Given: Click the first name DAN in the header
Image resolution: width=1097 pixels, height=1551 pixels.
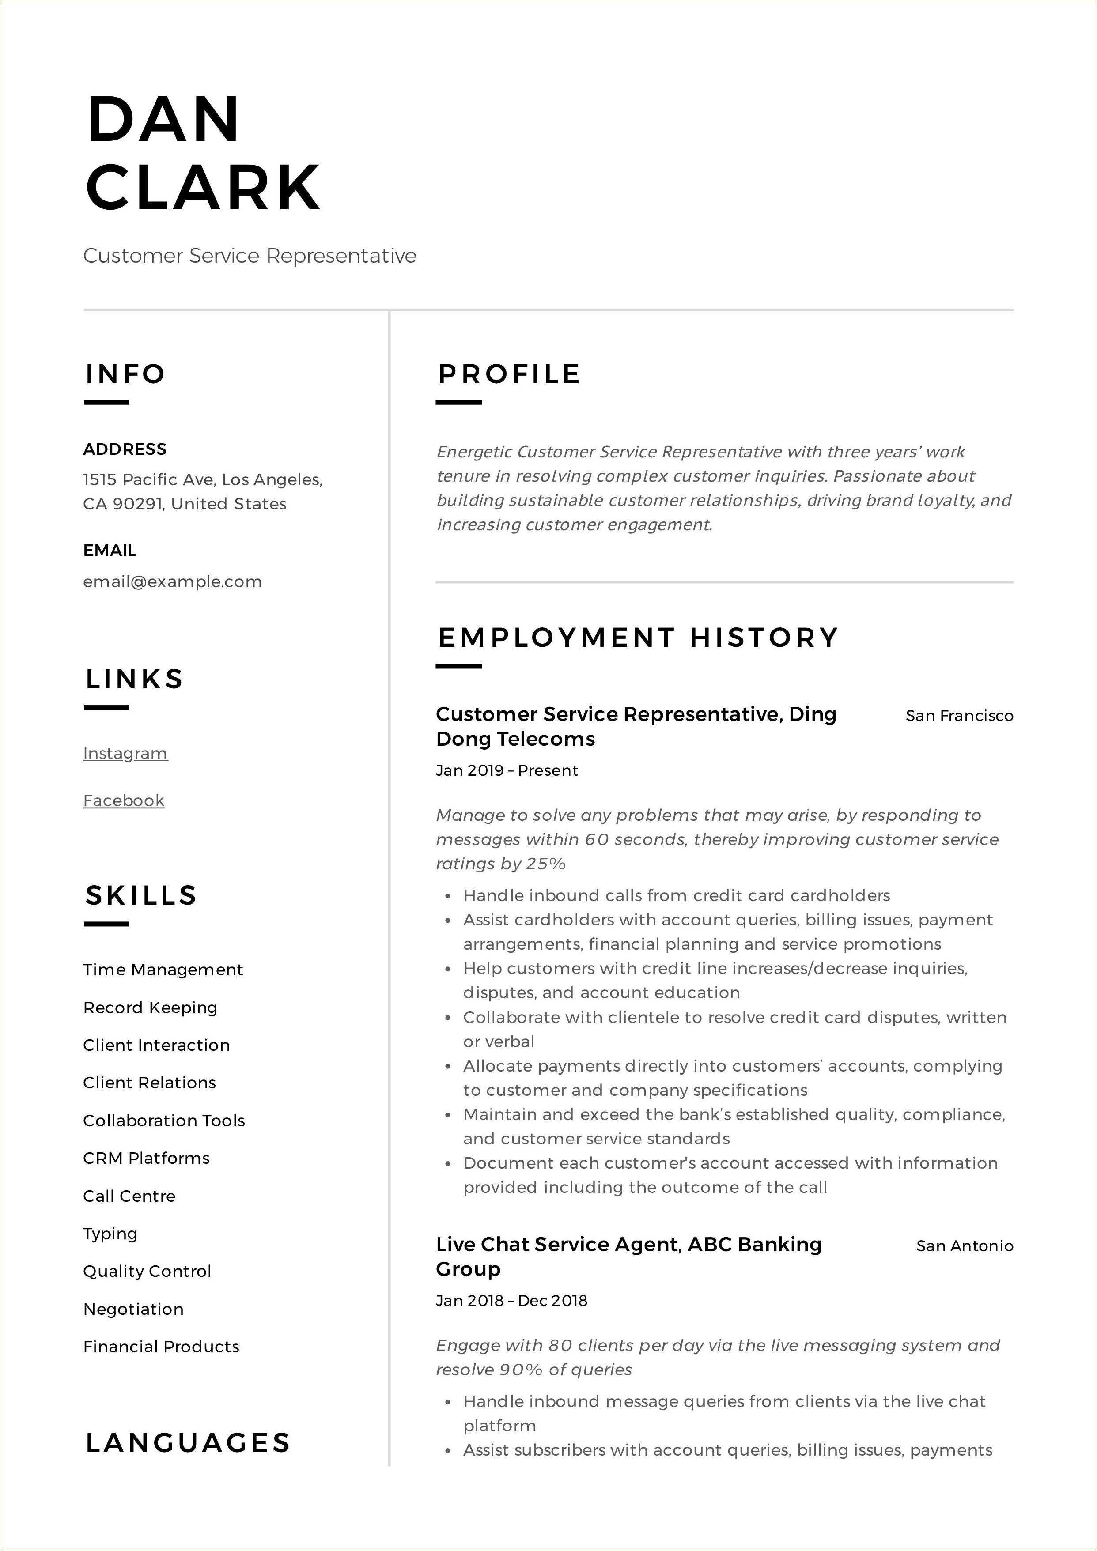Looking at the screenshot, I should click(x=163, y=120).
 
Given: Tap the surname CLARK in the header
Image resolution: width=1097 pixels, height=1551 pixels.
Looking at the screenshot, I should click(x=203, y=187).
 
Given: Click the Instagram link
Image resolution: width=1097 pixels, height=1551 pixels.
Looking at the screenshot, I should click(x=125, y=753).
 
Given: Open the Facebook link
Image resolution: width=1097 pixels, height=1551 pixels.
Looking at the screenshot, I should click(x=124, y=800).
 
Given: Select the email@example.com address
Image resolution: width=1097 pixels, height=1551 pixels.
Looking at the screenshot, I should click(x=172, y=581).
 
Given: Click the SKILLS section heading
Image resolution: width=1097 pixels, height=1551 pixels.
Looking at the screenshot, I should click(x=140, y=895).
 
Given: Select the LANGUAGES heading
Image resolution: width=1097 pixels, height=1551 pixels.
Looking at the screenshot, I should click(x=188, y=1443).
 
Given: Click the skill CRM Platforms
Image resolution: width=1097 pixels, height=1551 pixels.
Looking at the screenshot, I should click(x=146, y=1158).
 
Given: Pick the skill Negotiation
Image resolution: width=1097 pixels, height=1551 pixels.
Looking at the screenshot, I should click(x=133, y=1309).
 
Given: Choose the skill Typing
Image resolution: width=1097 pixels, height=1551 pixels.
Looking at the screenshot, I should click(x=110, y=1234).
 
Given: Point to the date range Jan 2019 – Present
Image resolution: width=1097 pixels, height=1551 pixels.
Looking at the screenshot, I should click(x=507, y=771).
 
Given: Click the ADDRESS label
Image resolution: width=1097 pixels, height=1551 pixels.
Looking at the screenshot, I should click(x=125, y=449).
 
